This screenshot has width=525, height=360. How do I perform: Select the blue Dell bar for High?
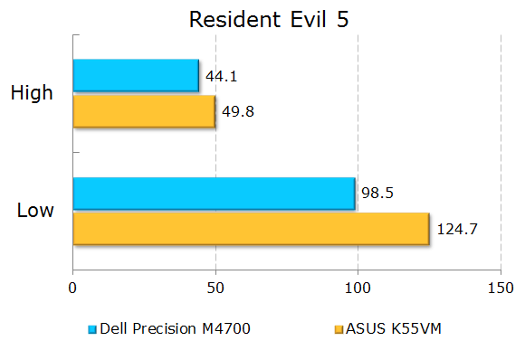pos(135,75)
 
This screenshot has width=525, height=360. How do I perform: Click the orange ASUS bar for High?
pos(143,110)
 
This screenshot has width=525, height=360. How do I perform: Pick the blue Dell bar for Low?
pos(213,194)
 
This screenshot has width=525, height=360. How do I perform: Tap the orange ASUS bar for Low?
pos(250,229)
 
